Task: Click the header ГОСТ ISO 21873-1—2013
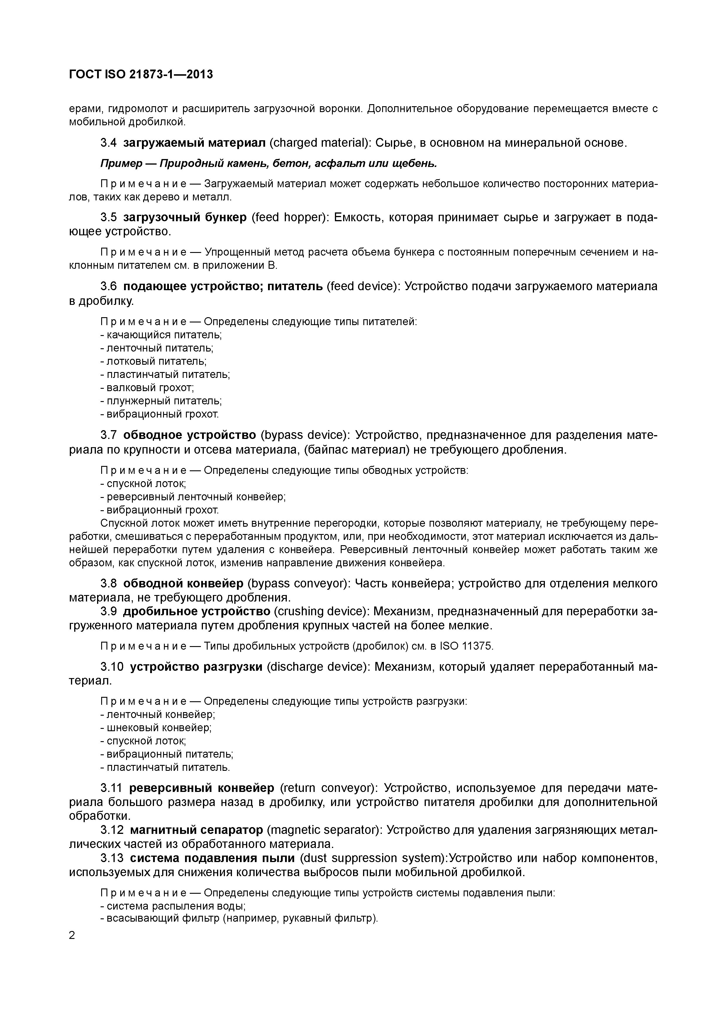pyautogui.click(x=141, y=75)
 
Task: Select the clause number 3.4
pyautogui.click(x=109, y=143)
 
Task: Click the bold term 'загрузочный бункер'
pyautogui.click(x=184, y=217)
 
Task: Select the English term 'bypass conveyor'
pyautogui.click(x=297, y=584)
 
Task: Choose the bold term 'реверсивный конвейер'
pyautogui.click(x=201, y=788)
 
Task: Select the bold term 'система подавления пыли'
pyautogui.click(x=212, y=858)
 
